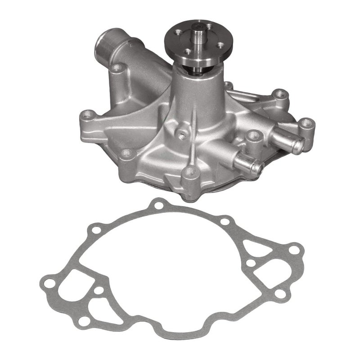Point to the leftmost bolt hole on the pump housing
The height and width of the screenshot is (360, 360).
87,114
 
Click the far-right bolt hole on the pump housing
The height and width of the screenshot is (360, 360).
307,122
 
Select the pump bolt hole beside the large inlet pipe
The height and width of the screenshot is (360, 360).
118,68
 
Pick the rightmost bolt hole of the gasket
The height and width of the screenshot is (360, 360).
295,249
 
